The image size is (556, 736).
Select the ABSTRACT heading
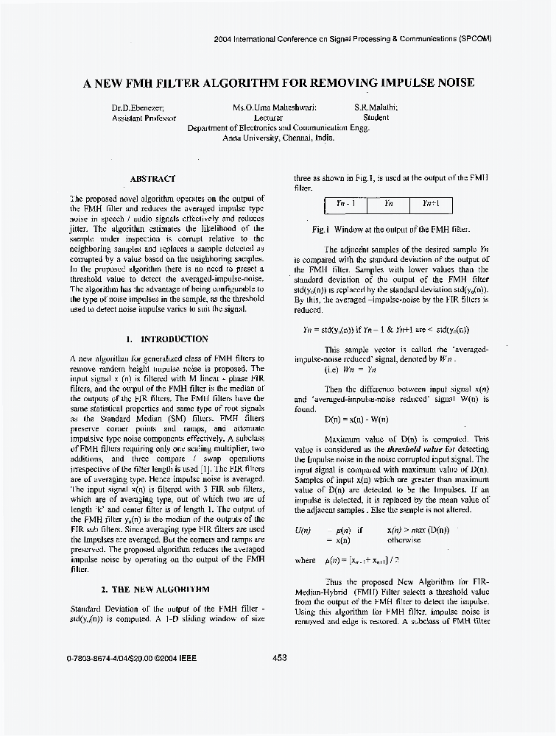(x=152, y=179)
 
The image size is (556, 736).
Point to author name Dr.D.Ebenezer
(x=138, y=107)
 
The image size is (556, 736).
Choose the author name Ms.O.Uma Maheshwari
(x=275, y=107)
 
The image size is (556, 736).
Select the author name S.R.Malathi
(x=376, y=107)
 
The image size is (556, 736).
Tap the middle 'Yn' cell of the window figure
(x=389, y=204)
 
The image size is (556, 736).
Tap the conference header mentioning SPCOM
(x=352, y=38)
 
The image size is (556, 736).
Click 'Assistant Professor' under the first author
(x=144, y=117)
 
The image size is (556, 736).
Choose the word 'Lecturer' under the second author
(x=269, y=117)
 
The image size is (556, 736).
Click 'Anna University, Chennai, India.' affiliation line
(x=278, y=137)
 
